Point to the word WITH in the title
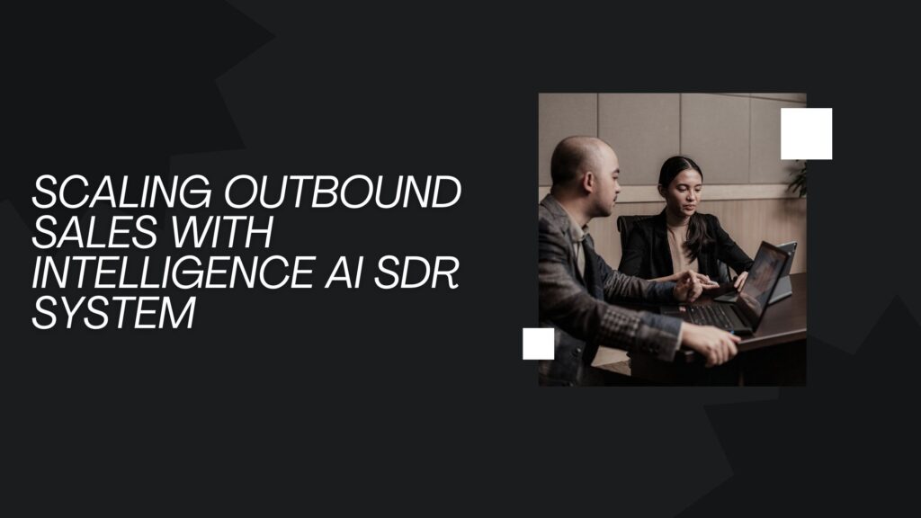coord(225,233)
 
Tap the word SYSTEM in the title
coord(113,312)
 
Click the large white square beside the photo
coord(806,133)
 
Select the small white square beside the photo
coord(538,344)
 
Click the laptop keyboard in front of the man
coord(711,315)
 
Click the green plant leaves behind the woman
coord(797,180)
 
